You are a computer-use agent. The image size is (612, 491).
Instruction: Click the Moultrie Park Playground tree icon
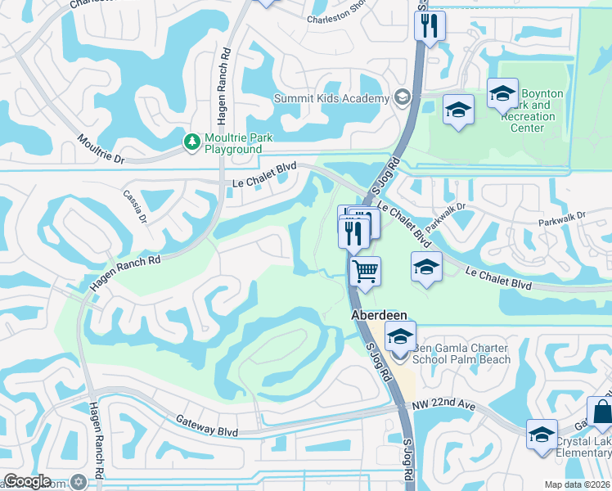[x=192, y=142]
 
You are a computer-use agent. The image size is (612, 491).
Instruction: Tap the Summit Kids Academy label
[x=331, y=99]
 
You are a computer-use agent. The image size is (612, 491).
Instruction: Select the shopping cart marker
[x=365, y=270]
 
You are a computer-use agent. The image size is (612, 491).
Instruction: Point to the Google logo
[x=26, y=482]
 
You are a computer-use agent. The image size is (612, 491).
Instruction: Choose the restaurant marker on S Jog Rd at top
[x=429, y=25]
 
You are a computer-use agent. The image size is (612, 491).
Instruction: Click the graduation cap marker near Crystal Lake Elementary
[x=542, y=435]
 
